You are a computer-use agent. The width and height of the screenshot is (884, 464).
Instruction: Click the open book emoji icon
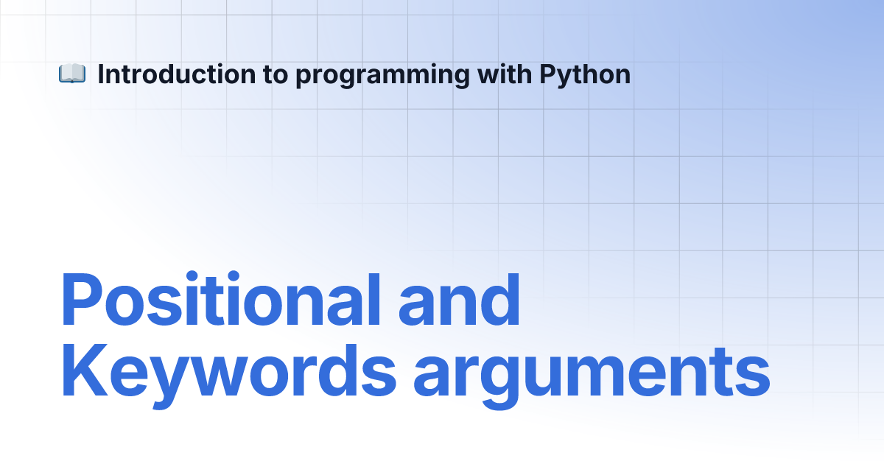pyautogui.click(x=72, y=74)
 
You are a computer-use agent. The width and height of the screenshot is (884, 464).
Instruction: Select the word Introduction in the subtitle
pyautogui.click(x=176, y=74)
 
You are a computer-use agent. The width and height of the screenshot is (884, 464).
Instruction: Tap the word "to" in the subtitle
pyautogui.click(x=276, y=75)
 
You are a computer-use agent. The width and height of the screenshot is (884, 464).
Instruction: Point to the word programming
pyautogui.click(x=382, y=76)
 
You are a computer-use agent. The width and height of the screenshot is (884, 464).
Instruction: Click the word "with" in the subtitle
pyautogui.click(x=505, y=74)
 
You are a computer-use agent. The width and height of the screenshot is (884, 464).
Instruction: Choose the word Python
pyautogui.click(x=585, y=75)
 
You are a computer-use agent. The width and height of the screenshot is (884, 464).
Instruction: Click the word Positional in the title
pyautogui.click(x=221, y=299)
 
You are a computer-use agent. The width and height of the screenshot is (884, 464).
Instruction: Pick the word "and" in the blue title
pyautogui.click(x=459, y=300)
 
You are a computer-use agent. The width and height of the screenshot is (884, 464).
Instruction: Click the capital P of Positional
pyautogui.click(x=82, y=300)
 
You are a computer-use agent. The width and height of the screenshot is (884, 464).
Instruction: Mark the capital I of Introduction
pyautogui.click(x=101, y=74)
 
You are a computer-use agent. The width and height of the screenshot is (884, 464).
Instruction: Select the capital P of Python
pyautogui.click(x=548, y=74)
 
